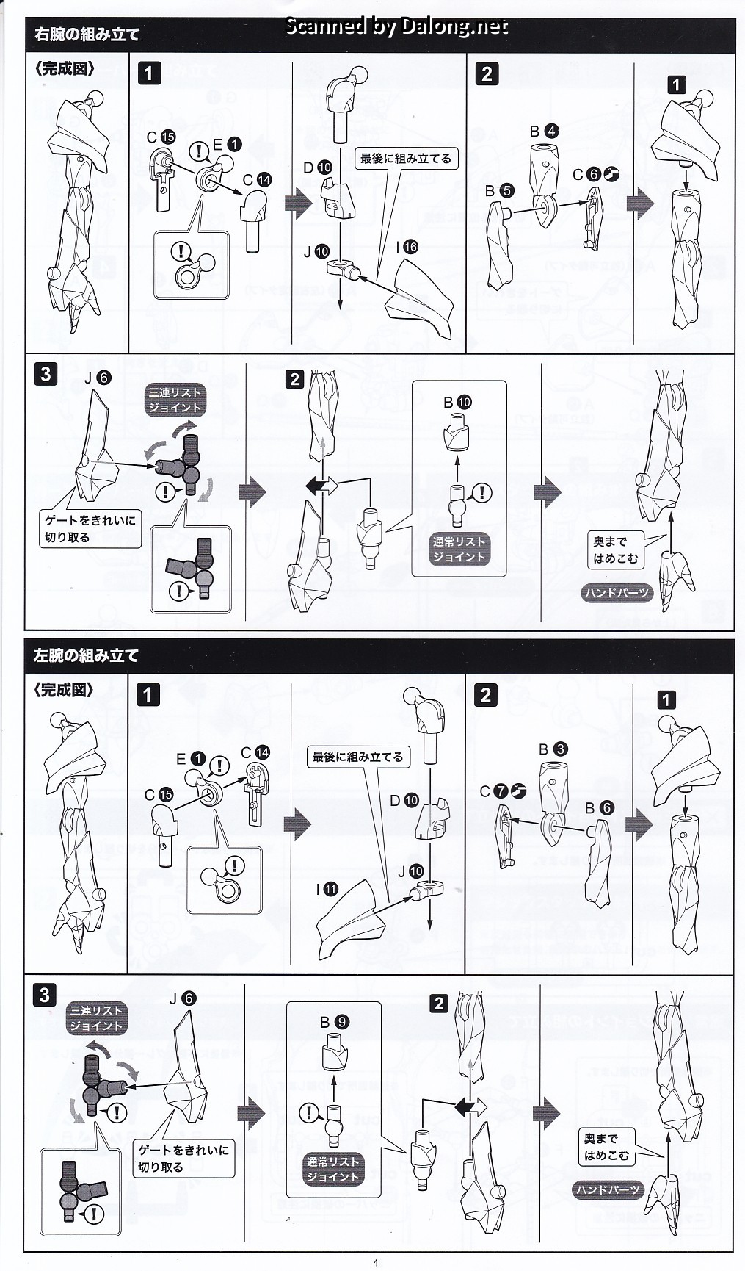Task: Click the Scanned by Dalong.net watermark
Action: pos(396,26)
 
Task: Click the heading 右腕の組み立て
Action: pos(87,35)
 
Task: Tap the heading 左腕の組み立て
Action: pos(86,655)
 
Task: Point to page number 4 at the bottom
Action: pos(375,1263)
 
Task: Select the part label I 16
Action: pos(406,247)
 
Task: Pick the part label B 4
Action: pos(544,132)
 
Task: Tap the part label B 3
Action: pos(553,749)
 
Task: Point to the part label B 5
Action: pos(499,190)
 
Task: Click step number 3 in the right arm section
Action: pos(46,374)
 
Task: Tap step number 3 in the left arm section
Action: pos(44,995)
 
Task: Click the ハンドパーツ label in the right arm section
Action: pos(617,593)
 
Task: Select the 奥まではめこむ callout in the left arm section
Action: pos(606,1147)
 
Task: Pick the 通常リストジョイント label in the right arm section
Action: pos(459,549)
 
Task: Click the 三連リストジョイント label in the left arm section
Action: pos(95,1018)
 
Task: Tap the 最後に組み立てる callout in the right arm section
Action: pos(406,159)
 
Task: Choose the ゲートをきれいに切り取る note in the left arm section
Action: pos(184,1158)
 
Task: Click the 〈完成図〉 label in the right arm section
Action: pos(65,69)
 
